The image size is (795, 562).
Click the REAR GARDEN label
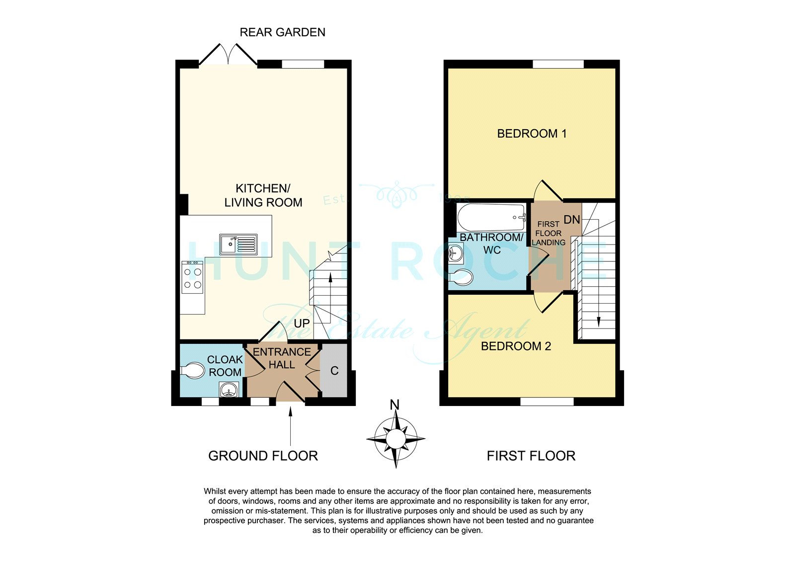pos(283,32)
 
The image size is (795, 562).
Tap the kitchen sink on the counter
pos(238,244)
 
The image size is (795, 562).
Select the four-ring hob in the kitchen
pos(192,277)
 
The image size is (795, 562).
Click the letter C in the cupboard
pos(334,371)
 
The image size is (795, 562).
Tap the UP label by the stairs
pos(302,323)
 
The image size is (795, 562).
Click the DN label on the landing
pos(572,220)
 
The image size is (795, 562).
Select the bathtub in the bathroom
pos(491,217)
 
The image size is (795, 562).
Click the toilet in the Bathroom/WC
pos(461,277)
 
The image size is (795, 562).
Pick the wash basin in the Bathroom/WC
pos(456,253)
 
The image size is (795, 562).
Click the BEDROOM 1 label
pos(532,134)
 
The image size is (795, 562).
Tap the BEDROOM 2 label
pos(516,346)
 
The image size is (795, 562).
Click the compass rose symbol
pos(396,439)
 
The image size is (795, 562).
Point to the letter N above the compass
pos(395,404)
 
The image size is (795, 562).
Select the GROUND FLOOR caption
pos(263,456)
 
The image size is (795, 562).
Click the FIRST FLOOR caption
pos(531,456)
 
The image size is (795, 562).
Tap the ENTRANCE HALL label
pos(282,358)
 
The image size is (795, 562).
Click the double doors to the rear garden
pos(228,54)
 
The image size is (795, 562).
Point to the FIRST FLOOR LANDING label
pos(549,233)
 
